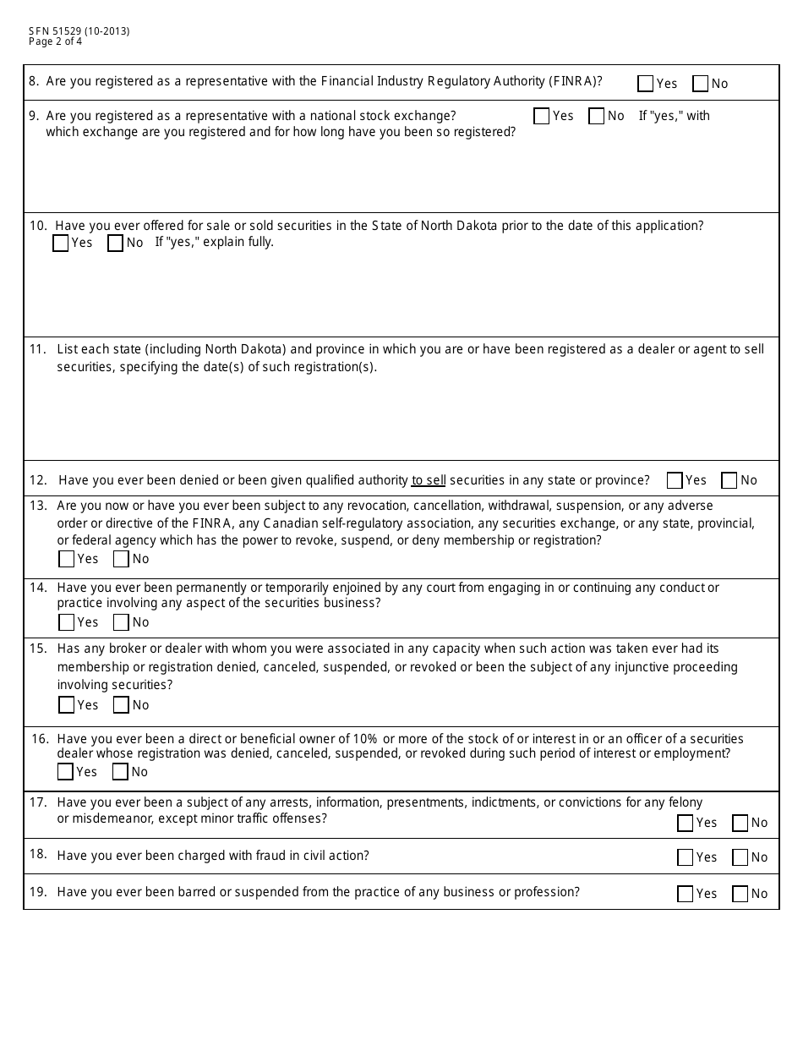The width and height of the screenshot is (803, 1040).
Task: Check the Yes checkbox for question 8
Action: click(646, 84)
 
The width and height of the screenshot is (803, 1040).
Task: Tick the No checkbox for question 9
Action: click(597, 116)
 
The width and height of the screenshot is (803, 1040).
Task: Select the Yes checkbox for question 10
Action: click(61, 244)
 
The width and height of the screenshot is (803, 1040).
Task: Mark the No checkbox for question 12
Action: click(729, 480)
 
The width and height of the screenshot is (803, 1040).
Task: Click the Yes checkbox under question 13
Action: click(67, 559)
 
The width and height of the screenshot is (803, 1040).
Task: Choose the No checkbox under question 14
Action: click(122, 622)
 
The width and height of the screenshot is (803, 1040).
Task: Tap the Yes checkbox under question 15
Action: click(67, 705)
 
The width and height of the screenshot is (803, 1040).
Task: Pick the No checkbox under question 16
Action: click(121, 772)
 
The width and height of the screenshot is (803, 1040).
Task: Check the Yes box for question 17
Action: click(686, 823)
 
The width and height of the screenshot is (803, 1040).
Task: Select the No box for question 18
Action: click(740, 857)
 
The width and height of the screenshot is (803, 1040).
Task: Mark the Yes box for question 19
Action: click(686, 894)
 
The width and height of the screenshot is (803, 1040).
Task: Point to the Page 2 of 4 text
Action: click(56, 41)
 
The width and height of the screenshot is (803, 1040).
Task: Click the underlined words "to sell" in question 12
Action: click(429, 480)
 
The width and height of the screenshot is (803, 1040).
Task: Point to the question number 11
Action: click(38, 349)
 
